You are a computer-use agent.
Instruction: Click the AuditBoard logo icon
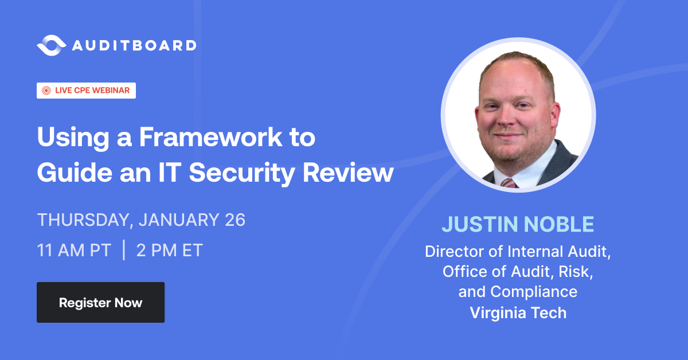52,45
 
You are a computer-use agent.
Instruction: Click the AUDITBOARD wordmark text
134,45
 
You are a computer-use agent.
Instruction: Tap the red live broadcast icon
46,91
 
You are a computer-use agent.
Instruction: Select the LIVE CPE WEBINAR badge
87,91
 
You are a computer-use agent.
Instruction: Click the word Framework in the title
222,139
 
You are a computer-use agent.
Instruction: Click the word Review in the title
359,172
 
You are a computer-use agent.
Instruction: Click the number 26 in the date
234,220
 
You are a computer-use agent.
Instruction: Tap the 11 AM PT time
74,251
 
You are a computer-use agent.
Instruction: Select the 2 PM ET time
170,251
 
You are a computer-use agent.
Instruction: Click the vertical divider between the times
124,251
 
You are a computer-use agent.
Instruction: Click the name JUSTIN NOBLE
518,225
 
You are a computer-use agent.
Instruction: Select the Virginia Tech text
518,312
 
